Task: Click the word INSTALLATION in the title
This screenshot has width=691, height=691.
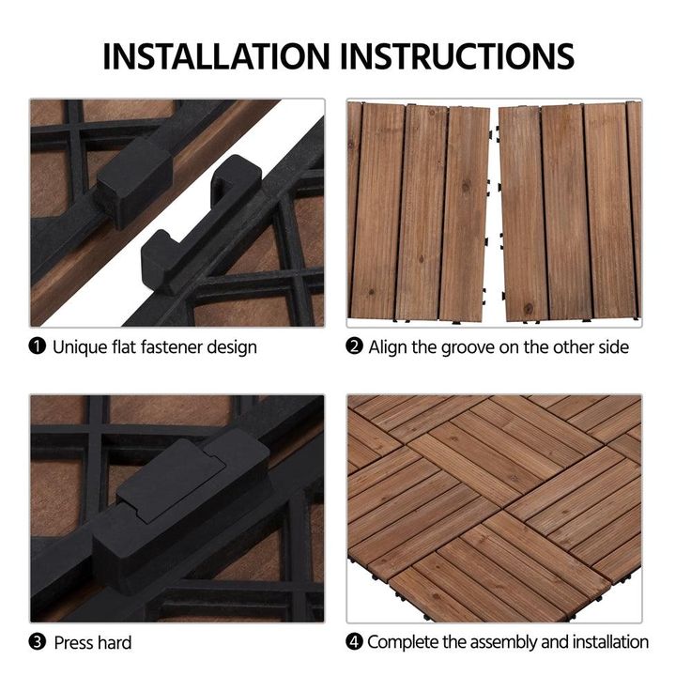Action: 216,56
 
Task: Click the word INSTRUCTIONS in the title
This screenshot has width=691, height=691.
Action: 457,56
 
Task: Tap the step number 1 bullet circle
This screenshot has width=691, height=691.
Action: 37,345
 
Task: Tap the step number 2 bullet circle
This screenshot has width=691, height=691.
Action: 354,346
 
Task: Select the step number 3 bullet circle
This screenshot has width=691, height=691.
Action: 37,642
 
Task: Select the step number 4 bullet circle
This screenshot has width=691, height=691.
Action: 354,641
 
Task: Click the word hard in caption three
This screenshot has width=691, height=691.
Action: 115,643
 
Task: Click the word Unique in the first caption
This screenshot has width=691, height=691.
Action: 79,347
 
